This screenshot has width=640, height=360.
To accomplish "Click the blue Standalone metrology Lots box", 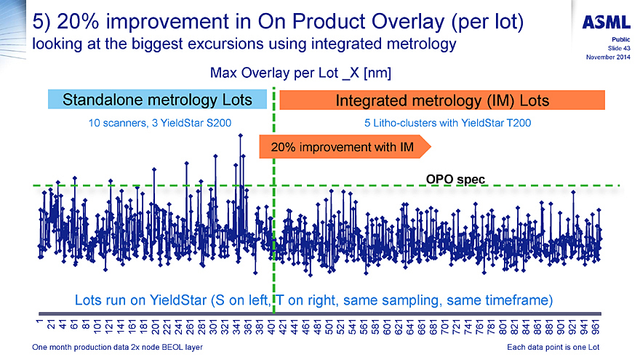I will tap(157, 99).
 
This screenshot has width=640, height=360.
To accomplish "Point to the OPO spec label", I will tap(455, 178).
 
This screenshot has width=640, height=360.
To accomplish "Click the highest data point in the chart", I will tap(241, 135).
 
